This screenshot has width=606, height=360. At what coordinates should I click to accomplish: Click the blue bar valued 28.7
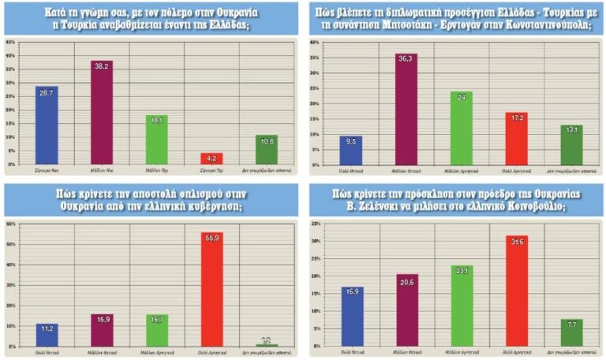[47, 126]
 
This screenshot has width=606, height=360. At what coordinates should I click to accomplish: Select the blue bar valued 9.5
[350, 149]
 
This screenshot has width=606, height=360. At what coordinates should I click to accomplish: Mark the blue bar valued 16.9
[351, 316]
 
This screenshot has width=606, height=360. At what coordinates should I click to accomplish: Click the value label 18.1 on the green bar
[157, 120]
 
